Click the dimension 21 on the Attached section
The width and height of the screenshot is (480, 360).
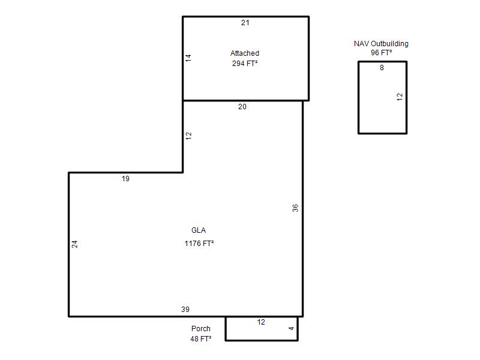(x=245, y=23)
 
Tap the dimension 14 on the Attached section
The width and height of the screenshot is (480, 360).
(x=188, y=58)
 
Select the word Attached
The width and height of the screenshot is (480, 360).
(x=245, y=53)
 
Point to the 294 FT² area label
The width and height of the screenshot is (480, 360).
(x=245, y=64)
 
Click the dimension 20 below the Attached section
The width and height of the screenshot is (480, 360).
(x=242, y=107)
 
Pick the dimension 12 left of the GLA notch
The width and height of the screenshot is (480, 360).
(x=188, y=136)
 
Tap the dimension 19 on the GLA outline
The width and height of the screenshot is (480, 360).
(x=125, y=178)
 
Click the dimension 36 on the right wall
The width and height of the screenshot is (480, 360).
(x=295, y=208)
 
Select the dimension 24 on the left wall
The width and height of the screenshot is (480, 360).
(x=74, y=244)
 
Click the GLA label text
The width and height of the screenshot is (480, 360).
(x=199, y=230)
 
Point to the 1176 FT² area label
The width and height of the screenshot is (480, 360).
(x=199, y=244)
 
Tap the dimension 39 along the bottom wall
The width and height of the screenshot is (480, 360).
(x=185, y=309)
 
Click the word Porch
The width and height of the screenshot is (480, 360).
(x=201, y=328)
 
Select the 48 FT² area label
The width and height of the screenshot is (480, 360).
(x=201, y=338)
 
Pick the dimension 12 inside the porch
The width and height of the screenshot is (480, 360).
(x=261, y=322)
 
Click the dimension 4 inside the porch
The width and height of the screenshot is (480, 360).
(x=291, y=328)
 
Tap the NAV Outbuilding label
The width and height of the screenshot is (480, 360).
(x=381, y=44)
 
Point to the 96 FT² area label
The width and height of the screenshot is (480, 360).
(x=382, y=53)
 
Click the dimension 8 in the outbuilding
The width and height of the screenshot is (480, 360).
(x=382, y=68)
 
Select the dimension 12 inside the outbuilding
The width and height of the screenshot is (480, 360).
(x=400, y=97)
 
